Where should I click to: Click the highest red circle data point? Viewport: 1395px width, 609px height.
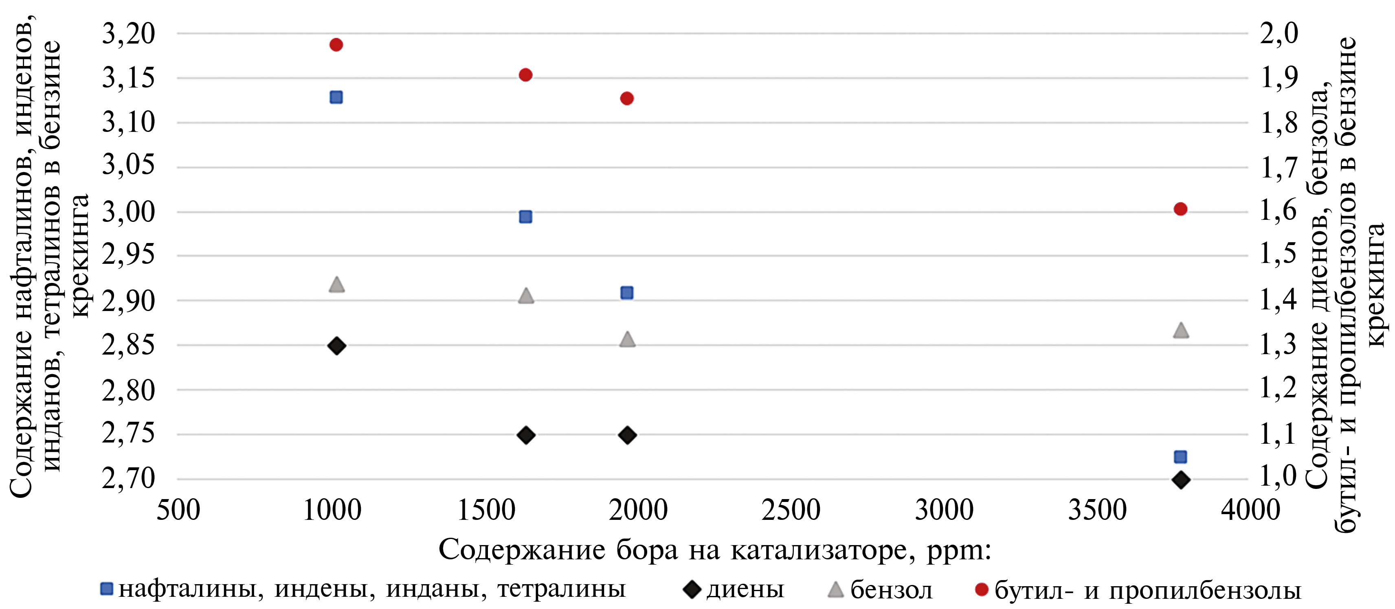(336, 45)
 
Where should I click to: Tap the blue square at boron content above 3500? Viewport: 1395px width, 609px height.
(1180, 457)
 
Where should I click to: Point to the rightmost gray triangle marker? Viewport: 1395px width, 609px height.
(1180, 330)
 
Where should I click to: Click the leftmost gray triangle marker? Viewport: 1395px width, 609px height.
(336, 284)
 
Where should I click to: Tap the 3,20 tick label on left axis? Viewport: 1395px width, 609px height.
(128, 34)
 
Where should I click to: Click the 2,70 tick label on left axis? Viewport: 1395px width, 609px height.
(128, 479)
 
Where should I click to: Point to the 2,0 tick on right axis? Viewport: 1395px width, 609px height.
(1279, 34)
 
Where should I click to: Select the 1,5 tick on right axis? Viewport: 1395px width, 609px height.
(1279, 254)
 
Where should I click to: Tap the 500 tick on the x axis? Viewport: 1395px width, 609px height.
(178, 510)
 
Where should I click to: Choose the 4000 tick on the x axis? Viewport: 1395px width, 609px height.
(1250, 510)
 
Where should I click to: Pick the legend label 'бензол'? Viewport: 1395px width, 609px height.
(891, 589)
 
